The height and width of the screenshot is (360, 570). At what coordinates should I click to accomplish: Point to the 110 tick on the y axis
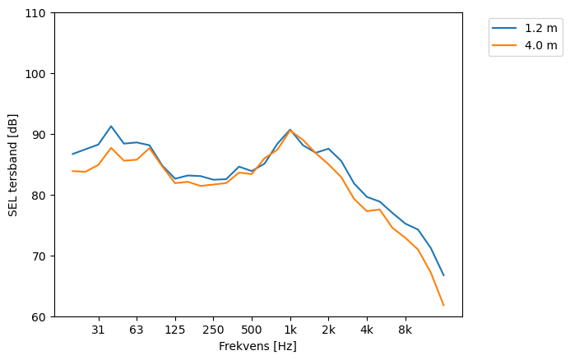click(x=38, y=13)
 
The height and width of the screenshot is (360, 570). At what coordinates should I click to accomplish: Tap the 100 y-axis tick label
click(x=38, y=74)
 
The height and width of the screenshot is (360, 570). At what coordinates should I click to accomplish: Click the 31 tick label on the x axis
click(x=99, y=330)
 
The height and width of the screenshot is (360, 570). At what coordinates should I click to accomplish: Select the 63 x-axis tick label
click(x=137, y=330)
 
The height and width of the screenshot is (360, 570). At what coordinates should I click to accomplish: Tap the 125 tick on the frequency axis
click(x=175, y=330)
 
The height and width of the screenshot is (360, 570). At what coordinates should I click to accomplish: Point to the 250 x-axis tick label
click(x=213, y=330)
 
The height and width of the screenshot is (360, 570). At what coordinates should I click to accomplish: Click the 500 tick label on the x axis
click(x=252, y=330)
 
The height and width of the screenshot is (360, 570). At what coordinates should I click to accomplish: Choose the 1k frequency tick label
click(x=290, y=330)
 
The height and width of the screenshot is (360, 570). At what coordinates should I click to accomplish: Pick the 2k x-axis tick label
click(x=328, y=330)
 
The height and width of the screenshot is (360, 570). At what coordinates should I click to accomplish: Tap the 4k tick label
click(x=367, y=330)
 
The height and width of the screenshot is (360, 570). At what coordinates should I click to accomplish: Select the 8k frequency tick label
click(x=405, y=330)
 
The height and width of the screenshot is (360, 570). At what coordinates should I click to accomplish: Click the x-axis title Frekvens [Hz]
click(x=257, y=347)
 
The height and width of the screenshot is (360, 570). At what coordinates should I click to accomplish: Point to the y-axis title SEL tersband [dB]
click(x=13, y=165)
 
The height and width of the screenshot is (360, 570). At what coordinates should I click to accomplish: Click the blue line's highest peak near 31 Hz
click(x=111, y=127)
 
